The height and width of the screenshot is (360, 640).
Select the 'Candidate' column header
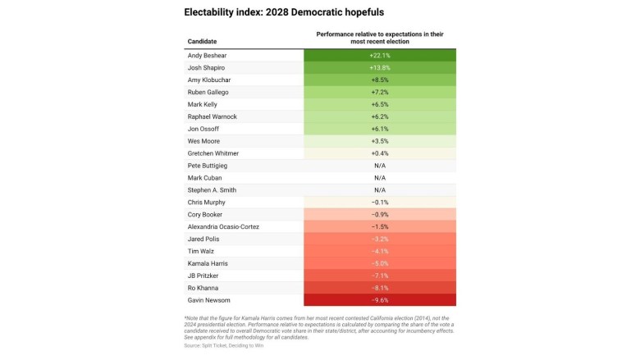[203, 40]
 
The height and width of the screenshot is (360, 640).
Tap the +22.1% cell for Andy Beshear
[379, 55]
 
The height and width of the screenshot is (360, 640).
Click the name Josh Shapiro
[207, 67]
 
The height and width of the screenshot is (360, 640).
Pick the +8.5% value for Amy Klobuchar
[379, 80]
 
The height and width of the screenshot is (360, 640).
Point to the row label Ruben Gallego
[208, 92]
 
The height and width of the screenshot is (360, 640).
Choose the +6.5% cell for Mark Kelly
[379, 104]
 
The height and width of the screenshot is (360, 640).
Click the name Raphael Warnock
[213, 116]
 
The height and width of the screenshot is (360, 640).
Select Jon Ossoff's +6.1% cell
[379, 129]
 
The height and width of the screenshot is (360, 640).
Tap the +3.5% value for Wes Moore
[379, 141]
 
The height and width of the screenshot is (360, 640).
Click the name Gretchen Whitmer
[213, 153]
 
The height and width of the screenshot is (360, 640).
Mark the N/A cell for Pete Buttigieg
[379, 166]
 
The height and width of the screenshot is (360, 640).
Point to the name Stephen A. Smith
[212, 189]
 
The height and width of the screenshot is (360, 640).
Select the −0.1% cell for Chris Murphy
[379, 202]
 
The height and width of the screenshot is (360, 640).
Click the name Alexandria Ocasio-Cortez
[225, 226]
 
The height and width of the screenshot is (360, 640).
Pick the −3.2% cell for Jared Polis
[379, 239]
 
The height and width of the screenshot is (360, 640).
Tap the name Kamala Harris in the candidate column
[208, 263]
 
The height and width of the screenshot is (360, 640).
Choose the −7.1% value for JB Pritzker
[379, 276]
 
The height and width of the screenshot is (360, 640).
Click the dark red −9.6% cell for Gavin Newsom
[379, 300]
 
